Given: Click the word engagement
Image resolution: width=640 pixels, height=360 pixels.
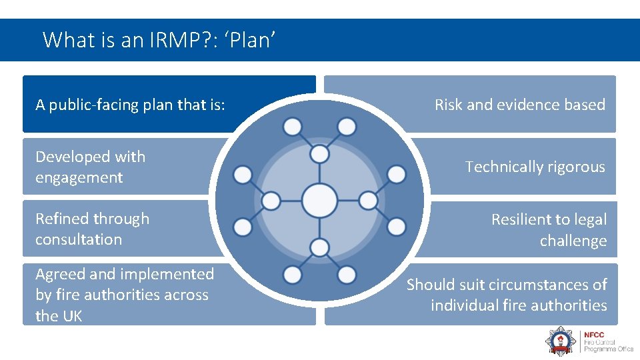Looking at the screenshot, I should pyautogui.click(x=79, y=178).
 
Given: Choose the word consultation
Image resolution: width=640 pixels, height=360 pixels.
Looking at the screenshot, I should pyautogui.click(x=78, y=239).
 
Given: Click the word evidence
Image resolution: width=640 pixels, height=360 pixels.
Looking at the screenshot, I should pyautogui.click(x=529, y=105).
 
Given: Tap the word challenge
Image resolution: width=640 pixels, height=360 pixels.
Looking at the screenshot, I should pyautogui.click(x=573, y=241).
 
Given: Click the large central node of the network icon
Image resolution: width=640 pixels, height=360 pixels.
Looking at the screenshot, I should pyautogui.click(x=319, y=199).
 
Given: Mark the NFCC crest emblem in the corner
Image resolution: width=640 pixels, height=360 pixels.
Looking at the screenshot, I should pyautogui.click(x=561, y=340).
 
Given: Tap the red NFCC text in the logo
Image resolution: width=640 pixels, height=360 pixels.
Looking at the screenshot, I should pyautogui.click(x=594, y=335).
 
